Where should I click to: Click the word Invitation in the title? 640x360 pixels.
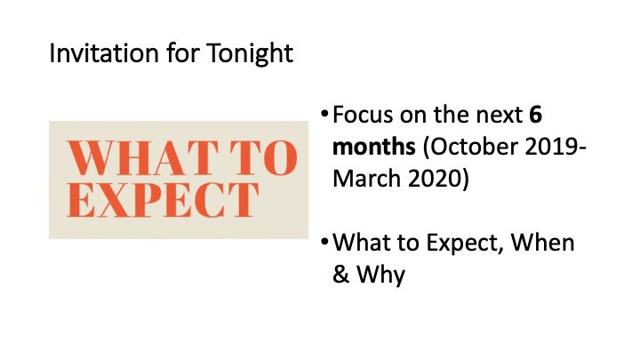104,53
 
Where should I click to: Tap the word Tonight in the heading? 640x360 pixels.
250,54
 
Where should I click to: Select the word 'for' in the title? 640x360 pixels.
183,53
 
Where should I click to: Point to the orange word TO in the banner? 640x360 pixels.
264,157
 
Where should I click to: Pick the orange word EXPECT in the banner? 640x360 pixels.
163,200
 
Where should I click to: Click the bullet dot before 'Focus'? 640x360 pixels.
324,114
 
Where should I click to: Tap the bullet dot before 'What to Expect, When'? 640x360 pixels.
324,242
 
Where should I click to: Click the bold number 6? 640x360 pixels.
535,115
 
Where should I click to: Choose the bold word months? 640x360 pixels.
374,147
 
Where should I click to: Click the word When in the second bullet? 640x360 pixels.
542,243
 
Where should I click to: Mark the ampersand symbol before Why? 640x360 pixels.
340,275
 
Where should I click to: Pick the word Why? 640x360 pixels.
380,276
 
